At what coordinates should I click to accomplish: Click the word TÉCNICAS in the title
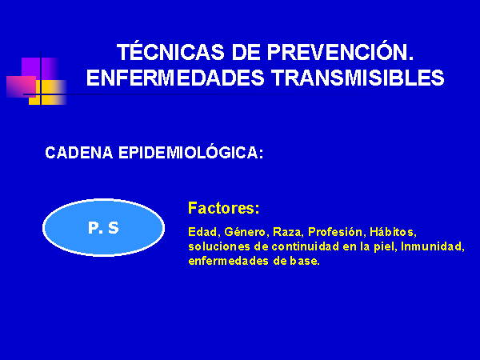point(170,51)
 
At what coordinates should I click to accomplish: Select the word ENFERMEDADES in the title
point(175,78)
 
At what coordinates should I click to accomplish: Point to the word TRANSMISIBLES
point(358,78)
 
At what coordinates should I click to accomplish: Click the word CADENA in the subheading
point(79,153)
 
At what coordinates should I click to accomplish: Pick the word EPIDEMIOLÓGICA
point(191,152)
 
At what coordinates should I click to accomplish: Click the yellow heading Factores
point(223,208)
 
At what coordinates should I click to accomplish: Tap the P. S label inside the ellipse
point(103,228)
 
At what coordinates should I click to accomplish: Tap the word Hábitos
point(393,232)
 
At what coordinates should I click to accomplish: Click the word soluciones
point(219,246)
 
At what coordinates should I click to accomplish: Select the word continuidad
point(306,246)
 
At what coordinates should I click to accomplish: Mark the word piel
point(384,246)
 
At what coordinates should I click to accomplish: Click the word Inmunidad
point(432,246)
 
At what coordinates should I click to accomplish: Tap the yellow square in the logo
point(48,93)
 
